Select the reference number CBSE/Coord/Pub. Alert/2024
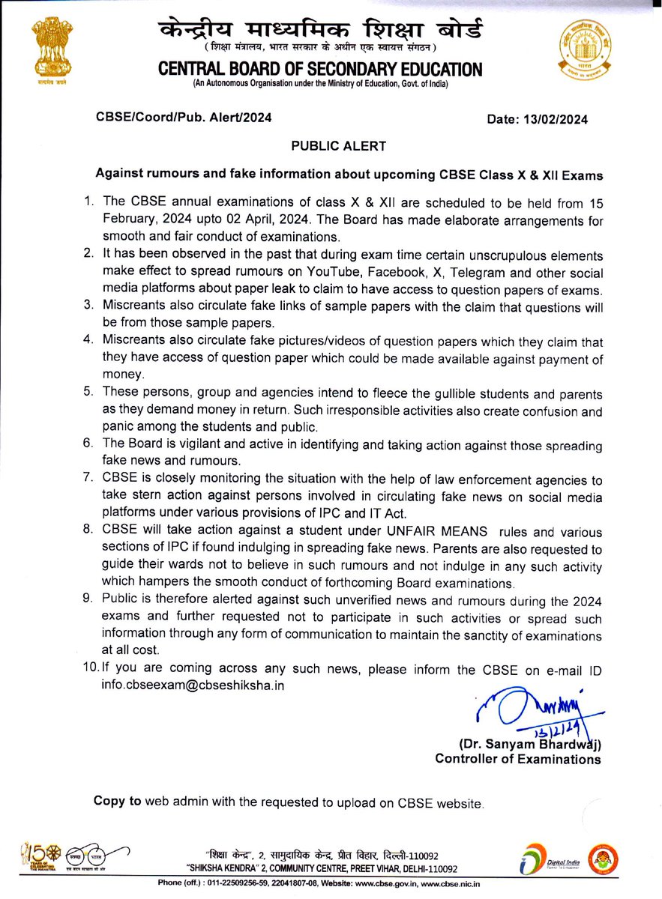(x=183, y=118)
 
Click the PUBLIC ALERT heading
(x=331, y=148)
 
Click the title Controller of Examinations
(x=518, y=759)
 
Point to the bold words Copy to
(x=117, y=801)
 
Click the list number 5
(x=88, y=394)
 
